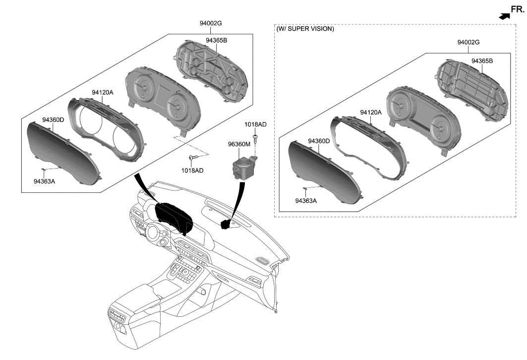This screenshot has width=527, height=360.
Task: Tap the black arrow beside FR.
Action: coord(504,16)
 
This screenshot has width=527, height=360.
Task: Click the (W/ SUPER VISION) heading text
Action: coord(305,29)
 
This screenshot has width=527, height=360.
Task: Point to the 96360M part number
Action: coord(239,144)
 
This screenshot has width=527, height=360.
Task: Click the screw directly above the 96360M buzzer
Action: coord(255,137)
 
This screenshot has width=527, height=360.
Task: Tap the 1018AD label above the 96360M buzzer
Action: coord(255,124)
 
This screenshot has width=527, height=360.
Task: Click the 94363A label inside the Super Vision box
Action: coord(306,201)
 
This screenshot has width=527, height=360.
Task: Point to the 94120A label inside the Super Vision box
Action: coord(370,113)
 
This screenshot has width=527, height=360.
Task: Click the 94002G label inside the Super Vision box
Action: coord(468,43)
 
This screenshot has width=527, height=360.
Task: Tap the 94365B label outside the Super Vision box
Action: coord(216,40)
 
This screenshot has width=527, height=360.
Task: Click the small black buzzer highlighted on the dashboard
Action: coord(226,224)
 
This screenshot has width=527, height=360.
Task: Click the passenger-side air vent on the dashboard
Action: coord(262,261)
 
